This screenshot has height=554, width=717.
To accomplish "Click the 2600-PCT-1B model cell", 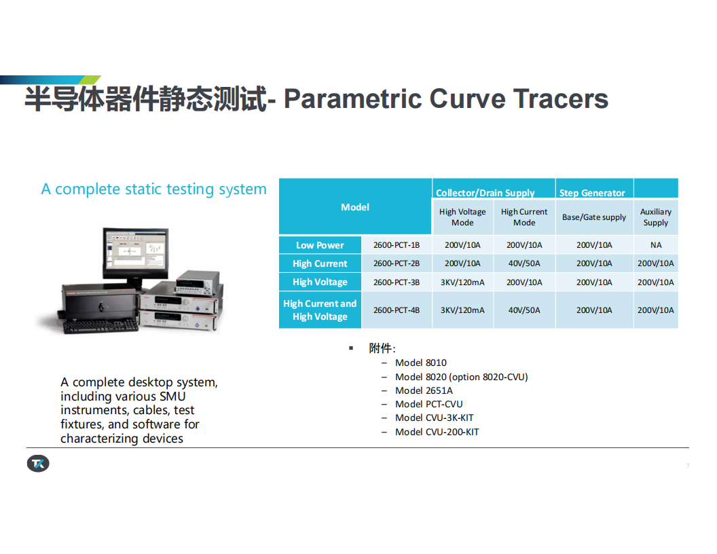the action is point(397,245).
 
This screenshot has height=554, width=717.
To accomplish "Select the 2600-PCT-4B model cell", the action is point(397,310).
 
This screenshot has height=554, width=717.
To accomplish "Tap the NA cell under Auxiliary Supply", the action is point(656,245).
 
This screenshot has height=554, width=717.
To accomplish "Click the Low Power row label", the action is point(320,245).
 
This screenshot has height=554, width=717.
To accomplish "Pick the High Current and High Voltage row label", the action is point(320,310).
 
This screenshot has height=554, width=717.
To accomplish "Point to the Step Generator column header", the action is point(592,193).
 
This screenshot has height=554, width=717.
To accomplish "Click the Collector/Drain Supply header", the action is point(485,193).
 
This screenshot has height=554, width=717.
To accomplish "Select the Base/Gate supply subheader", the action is point(594,217).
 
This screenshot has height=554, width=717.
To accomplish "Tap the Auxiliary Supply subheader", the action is point(656,217).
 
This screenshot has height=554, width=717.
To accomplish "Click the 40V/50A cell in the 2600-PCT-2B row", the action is point(524,263).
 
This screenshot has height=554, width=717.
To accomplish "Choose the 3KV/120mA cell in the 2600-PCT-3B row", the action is point(462,282).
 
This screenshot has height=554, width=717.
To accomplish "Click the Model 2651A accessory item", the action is point(424,391).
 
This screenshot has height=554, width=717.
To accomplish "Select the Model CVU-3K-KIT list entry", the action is point(435,418).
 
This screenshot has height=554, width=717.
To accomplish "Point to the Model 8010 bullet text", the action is point(421,363).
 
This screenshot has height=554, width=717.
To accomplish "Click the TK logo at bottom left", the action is point(38,464).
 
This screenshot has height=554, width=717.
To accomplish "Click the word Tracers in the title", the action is point(561,98).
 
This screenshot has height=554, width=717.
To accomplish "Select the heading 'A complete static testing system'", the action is point(153,189).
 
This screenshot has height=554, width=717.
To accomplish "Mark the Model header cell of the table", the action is point(355,206).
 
